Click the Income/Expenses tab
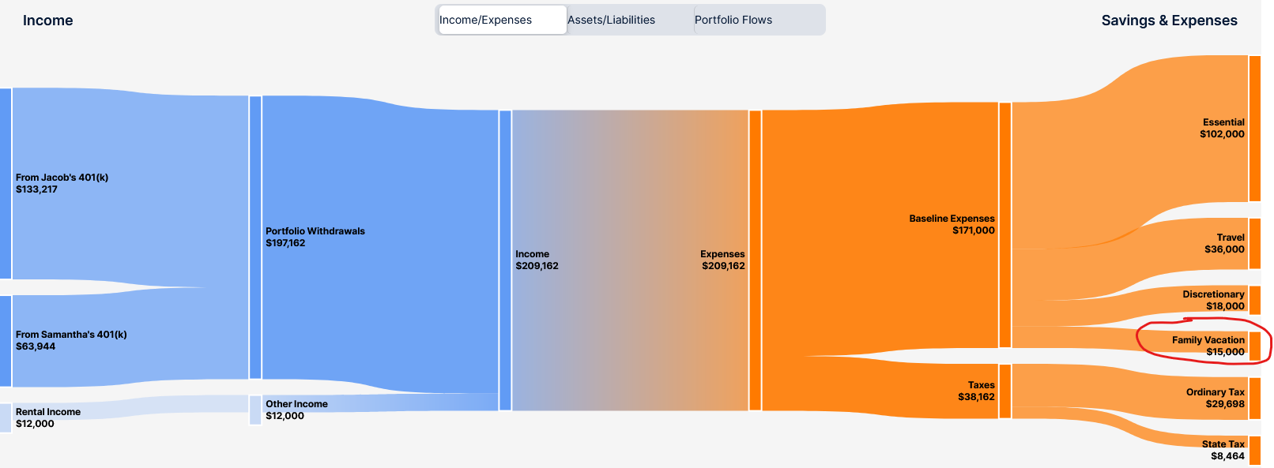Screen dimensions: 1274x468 [503, 20]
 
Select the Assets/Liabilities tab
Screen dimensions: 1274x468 [630, 20]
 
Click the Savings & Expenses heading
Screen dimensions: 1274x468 [1169, 21]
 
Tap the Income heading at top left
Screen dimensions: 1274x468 [47, 21]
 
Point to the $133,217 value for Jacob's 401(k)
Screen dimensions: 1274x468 [36, 189]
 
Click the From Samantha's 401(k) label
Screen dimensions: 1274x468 [71, 335]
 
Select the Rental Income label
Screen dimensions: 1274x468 [47, 412]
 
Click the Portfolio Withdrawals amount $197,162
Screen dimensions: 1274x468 [285, 243]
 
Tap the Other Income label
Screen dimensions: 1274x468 [296, 404]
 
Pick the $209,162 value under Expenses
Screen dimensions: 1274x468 [723, 266]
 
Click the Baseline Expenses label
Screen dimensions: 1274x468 [952, 219]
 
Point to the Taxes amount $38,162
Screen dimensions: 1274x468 [976, 397]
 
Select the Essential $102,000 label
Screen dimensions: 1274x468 [1223, 129]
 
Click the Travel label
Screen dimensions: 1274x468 [1231, 238]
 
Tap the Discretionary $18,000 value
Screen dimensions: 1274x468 [1225, 306]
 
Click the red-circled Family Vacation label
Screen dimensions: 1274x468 [1208, 340]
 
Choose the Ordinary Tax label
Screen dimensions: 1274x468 [1215, 392]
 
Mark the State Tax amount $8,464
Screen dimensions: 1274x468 [1227, 456]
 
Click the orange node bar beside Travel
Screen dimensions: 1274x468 [1255, 244]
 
